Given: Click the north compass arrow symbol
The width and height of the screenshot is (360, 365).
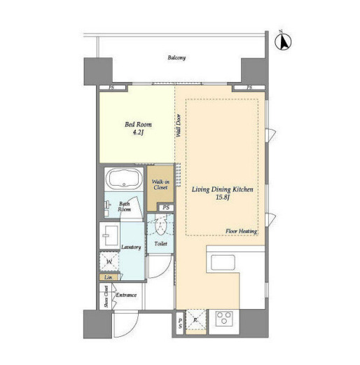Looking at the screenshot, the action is (x=283, y=41).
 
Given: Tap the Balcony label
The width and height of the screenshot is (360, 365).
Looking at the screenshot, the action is (x=176, y=57).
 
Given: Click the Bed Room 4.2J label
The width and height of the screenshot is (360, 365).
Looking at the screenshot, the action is (x=138, y=128).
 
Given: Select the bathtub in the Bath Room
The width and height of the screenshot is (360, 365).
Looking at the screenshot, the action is (x=124, y=179).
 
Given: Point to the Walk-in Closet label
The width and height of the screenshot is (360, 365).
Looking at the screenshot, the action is (x=160, y=184).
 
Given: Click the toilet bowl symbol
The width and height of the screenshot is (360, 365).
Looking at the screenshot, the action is (x=160, y=226).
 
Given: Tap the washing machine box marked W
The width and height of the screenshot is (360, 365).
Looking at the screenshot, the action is (x=109, y=261).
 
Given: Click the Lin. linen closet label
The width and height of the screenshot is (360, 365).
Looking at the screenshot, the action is (x=109, y=277).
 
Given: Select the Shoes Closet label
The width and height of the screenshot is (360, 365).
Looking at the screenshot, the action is (x=106, y=296).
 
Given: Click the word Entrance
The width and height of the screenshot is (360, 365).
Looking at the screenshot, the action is (x=126, y=295).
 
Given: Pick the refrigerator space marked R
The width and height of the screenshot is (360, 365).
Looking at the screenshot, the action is (x=196, y=319).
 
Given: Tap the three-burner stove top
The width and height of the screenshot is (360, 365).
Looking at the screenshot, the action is (x=224, y=319).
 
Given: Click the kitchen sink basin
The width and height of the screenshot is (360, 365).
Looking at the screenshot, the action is (x=223, y=263).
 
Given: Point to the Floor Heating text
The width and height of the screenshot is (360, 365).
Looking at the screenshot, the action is (x=241, y=231).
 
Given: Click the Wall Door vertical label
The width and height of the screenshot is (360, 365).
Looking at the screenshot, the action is (x=179, y=125).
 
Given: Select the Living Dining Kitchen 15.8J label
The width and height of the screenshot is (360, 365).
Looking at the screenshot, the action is (x=223, y=193).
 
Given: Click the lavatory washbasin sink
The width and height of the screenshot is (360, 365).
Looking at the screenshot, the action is (x=110, y=235).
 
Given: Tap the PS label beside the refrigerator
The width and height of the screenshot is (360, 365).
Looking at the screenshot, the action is (x=180, y=324).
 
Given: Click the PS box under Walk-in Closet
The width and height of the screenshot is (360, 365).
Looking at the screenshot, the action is (x=166, y=207).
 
